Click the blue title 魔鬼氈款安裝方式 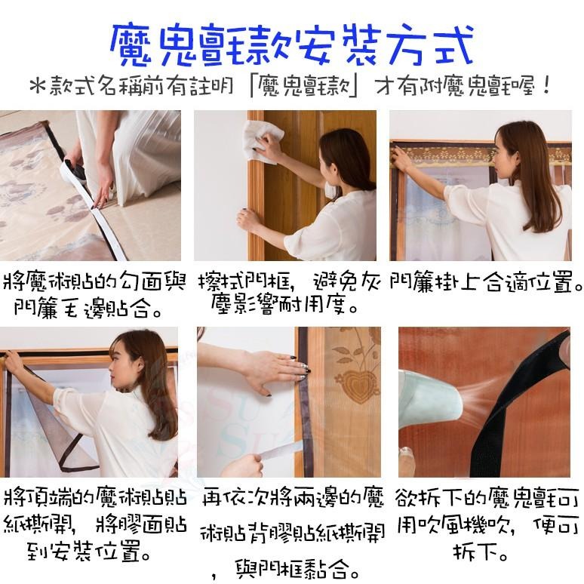293,45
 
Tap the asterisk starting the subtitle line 38,87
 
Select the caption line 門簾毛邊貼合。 88,309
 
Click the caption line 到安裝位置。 89,552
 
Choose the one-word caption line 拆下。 481,552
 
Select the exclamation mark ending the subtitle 546,86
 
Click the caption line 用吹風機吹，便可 488,526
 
